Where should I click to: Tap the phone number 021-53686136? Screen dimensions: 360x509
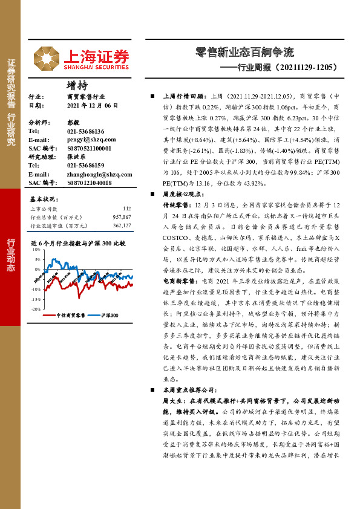(85, 131)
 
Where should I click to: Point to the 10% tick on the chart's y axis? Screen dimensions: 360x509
(37, 248)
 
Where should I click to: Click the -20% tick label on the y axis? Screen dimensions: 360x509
(36, 308)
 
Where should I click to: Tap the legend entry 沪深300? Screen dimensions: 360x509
(110, 316)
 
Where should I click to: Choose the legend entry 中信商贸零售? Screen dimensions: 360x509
(70, 316)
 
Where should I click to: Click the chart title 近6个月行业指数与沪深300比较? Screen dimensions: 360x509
(77, 242)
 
